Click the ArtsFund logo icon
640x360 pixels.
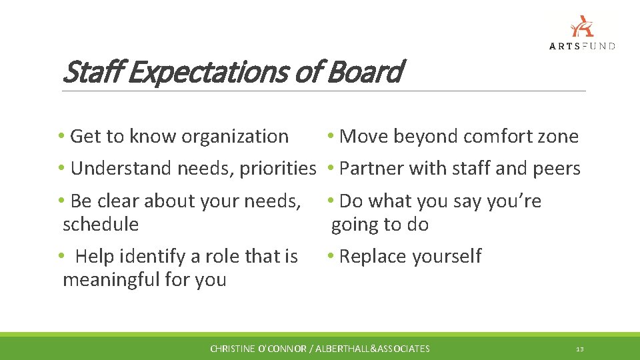click(582, 26)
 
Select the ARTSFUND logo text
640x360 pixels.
click(582, 46)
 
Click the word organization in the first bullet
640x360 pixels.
click(235, 137)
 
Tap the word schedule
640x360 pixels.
click(101, 225)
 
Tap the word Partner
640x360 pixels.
click(371, 169)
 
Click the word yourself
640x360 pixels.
click(446, 257)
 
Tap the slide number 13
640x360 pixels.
click(580, 349)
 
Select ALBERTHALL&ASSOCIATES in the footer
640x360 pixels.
click(373, 349)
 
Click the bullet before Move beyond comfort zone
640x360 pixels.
click(331, 137)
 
